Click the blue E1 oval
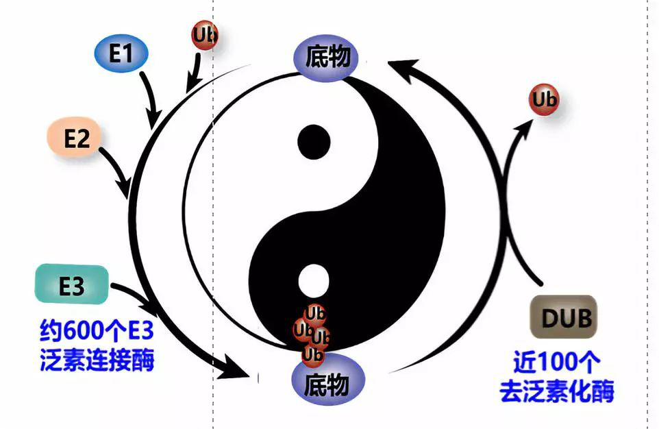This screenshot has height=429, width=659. [121, 54]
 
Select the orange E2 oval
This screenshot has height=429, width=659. [77, 138]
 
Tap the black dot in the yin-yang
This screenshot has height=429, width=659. [314, 140]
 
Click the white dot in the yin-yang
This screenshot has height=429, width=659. [314, 280]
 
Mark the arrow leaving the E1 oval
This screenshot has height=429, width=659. [152, 99]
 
